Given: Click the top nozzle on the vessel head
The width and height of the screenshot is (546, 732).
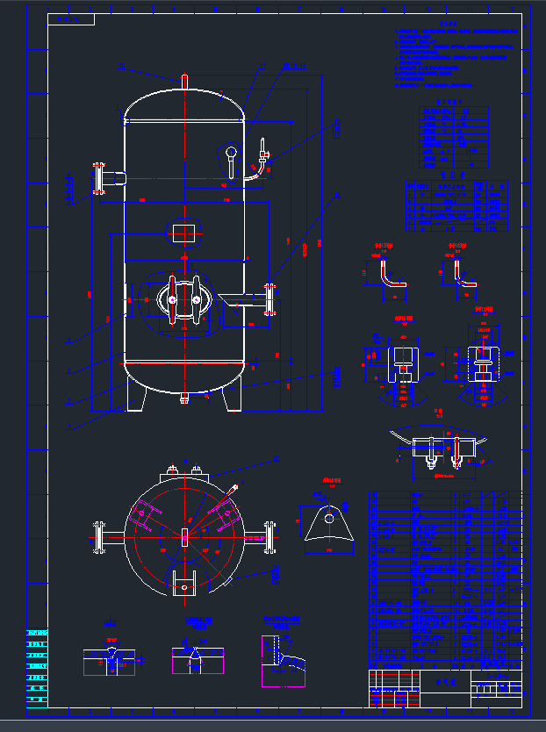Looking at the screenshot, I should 184,80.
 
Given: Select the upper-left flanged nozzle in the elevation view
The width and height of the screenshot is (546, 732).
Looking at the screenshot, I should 100,178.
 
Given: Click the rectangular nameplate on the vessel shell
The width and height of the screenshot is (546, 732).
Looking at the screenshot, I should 184,233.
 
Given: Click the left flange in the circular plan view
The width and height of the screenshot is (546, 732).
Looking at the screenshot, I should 99,536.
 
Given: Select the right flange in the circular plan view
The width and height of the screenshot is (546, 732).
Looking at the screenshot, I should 269,536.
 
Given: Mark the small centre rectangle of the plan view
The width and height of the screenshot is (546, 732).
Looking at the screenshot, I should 184,536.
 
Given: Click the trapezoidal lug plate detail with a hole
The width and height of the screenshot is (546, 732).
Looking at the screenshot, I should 328,527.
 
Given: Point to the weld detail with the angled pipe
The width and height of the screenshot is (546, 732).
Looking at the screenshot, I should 283,658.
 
